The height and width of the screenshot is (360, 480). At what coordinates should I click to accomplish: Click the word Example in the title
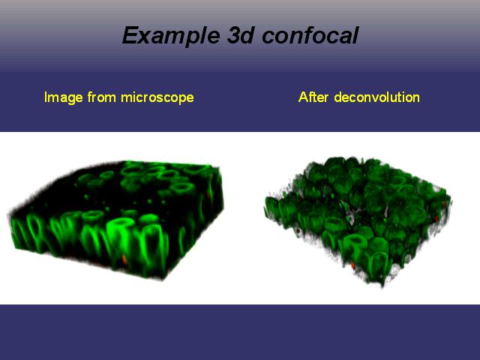point(171,36)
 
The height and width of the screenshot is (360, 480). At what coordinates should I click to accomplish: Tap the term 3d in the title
point(241,35)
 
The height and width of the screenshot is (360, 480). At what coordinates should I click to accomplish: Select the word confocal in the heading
point(310,35)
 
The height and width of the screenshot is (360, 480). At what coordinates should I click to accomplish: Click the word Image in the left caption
point(64,98)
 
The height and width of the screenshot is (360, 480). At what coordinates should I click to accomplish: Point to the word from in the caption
point(102,97)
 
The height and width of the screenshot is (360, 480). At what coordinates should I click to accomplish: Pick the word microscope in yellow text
point(157,98)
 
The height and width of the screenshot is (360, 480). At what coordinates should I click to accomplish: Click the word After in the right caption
point(313,97)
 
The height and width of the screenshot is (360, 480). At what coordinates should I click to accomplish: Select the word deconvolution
point(376,97)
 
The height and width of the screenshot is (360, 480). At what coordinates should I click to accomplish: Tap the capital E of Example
point(130,35)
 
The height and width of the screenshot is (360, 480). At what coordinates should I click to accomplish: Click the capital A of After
point(303,97)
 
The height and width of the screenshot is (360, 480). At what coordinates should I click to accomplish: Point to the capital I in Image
point(46,97)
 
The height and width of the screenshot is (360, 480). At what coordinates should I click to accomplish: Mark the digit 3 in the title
point(233,35)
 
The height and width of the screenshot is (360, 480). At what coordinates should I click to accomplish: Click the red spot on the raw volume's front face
point(124,259)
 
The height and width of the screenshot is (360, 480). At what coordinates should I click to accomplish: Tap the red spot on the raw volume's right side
point(208,195)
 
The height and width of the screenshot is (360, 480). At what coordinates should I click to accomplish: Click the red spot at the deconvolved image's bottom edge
point(353,265)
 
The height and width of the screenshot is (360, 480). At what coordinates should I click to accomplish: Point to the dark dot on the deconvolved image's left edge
point(298,230)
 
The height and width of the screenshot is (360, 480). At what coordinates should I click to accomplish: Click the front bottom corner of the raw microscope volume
point(162,279)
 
